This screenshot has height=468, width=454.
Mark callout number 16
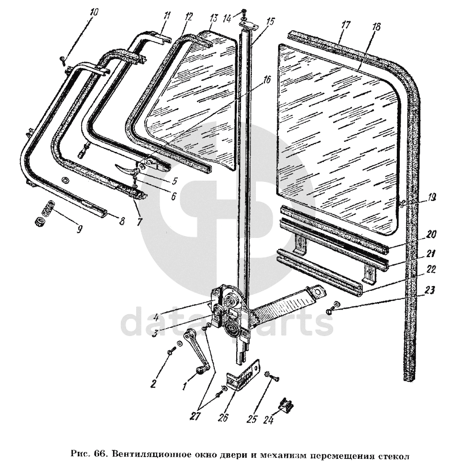(x=267, y=80)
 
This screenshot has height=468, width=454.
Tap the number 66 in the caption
(x=100, y=454)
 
